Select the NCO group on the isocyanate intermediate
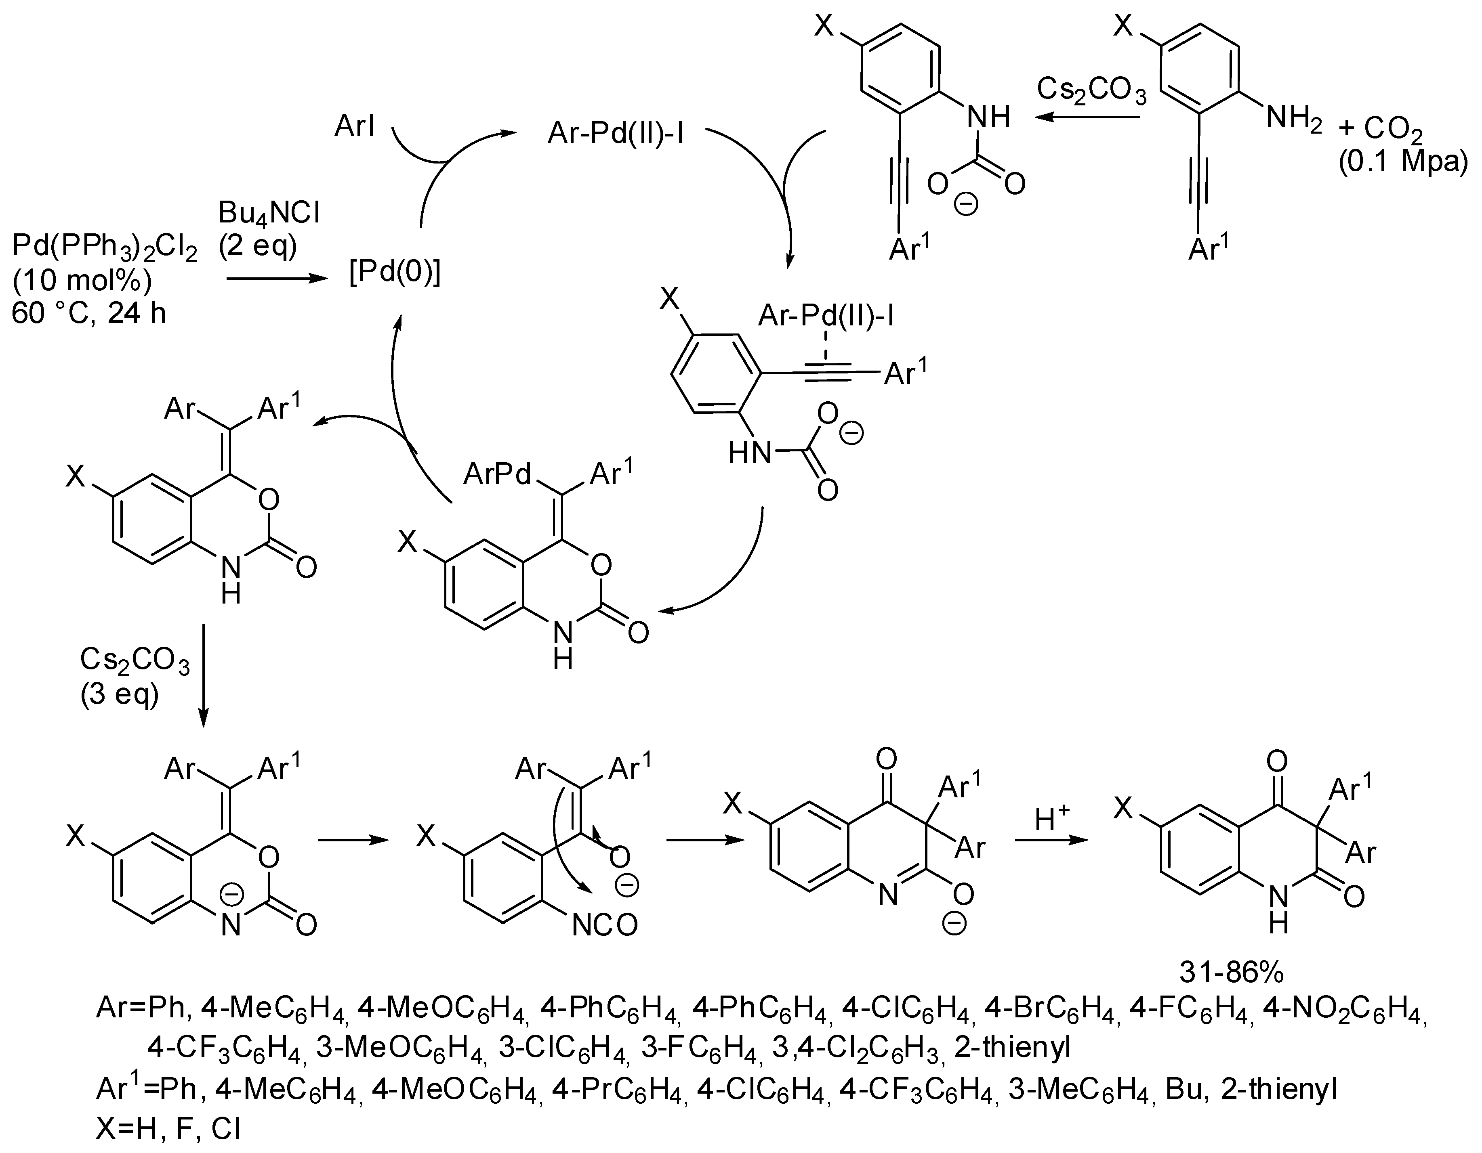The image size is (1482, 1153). (605, 926)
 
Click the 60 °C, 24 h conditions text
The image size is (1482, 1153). (89, 314)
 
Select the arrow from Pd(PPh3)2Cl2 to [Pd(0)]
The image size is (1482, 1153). (275, 278)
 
